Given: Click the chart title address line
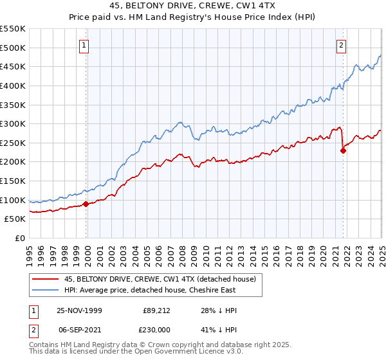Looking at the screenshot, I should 193,7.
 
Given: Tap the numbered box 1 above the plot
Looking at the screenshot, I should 85,45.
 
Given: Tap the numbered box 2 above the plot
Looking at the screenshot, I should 341,45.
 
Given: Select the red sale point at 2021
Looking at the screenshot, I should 343,151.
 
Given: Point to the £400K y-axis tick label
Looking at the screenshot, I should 13,85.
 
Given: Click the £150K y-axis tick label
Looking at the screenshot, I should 13,181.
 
